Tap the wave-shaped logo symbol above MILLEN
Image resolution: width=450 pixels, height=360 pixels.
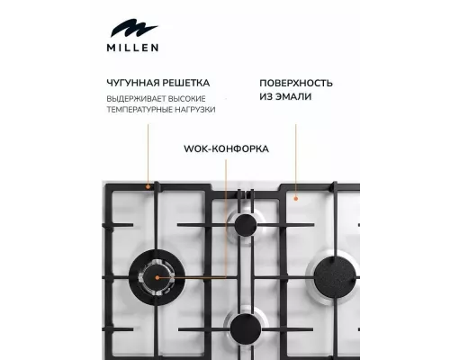point(132,30)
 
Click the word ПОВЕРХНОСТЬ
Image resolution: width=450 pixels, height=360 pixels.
point(296,81)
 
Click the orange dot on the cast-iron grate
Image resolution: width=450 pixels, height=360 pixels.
point(148,186)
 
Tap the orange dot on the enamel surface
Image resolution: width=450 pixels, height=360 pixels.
point(290,192)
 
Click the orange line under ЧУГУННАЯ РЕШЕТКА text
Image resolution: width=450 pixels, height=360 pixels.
point(148,153)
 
